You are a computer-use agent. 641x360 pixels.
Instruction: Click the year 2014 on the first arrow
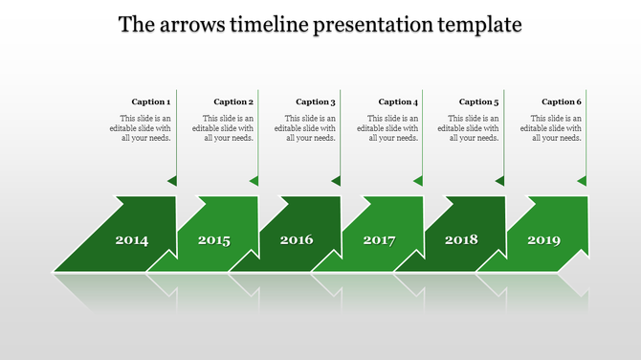click(132, 240)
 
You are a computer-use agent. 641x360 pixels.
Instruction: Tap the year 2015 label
click(214, 240)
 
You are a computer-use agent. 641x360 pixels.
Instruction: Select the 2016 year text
click(297, 239)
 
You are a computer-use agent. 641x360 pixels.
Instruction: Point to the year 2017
click(379, 240)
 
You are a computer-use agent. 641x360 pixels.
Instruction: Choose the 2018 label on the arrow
click(461, 239)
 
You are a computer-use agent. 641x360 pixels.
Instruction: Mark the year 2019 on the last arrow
click(543, 240)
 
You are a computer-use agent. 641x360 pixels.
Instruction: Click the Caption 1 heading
click(151, 101)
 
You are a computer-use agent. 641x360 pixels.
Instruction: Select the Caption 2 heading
click(233, 101)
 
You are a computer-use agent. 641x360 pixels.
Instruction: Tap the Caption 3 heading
click(316, 101)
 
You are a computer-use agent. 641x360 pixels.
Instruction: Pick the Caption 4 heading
click(398, 101)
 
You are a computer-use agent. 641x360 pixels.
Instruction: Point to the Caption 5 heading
click(479, 101)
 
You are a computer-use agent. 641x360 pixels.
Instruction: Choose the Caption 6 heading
click(562, 101)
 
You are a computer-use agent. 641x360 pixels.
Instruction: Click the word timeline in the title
click(269, 24)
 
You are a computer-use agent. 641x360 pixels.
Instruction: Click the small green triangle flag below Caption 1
click(172, 180)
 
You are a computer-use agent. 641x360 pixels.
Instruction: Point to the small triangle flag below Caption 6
click(582, 180)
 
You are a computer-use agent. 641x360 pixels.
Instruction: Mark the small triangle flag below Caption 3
click(336, 180)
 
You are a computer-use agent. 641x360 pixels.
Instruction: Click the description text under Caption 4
click(389, 127)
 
